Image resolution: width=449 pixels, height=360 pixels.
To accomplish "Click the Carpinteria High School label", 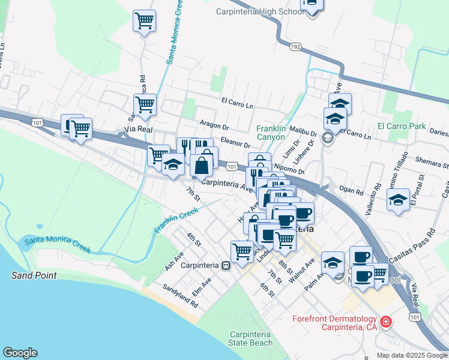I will click(x=260, y=11).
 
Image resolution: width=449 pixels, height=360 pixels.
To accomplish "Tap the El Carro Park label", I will click(x=402, y=127).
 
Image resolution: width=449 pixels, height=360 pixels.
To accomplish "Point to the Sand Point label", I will click(x=34, y=275).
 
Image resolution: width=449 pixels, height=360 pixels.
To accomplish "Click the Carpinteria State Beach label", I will click(x=250, y=338).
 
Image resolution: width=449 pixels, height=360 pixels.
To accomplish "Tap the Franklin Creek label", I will click(x=176, y=220).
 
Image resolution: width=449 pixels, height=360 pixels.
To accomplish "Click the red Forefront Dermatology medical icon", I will click(x=387, y=323).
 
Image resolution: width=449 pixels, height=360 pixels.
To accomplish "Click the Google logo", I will click(x=20, y=353).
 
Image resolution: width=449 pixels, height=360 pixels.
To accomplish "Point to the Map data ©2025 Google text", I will click(x=411, y=355).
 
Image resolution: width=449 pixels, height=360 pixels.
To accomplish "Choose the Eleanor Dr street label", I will click(x=235, y=142).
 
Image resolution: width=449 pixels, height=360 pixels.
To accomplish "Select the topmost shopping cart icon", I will click(x=145, y=21).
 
